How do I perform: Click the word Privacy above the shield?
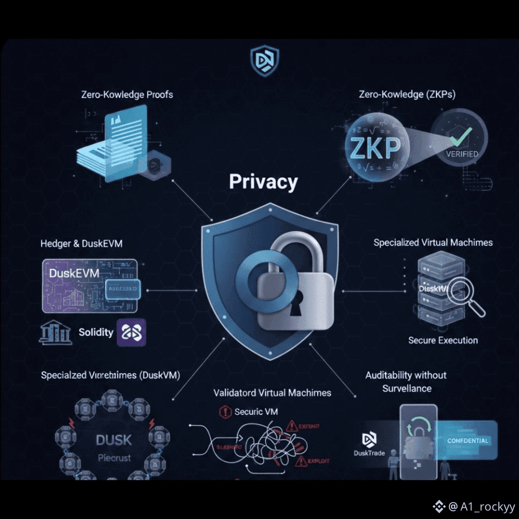click(263, 182)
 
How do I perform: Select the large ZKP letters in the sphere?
click(375, 149)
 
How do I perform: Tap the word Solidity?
click(96, 332)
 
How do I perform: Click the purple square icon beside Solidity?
click(131, 333)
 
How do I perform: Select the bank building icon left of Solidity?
click(55, 332)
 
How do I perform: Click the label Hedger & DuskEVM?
click(81, 244)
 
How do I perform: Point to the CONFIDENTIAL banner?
click(468, 441)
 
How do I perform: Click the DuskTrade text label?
click(369, 453)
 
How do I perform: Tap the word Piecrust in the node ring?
click(114, 457)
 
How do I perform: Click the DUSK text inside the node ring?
click(114, 440)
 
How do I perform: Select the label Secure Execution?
click(443, 340)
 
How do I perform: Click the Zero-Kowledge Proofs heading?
click(127, 94)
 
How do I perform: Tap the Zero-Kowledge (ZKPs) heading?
click(407, 94)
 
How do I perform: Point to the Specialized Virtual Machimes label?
click(433, 242)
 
